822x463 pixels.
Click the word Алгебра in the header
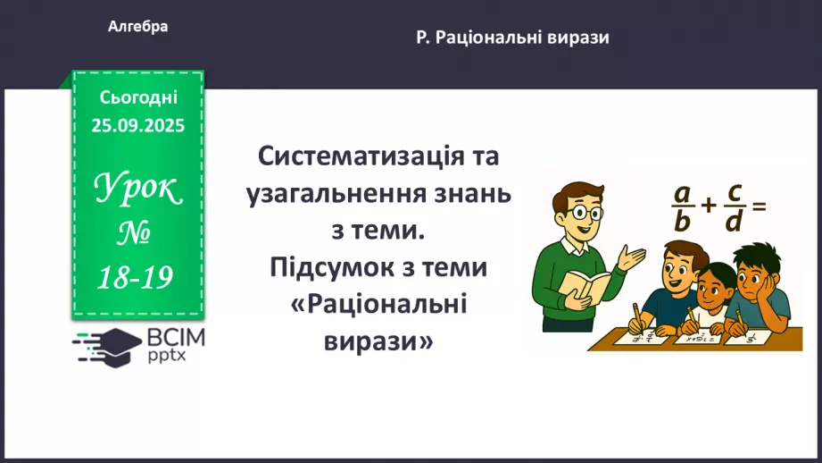click(x=137, y=27)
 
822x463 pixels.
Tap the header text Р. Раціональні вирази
click(x=512, y=38)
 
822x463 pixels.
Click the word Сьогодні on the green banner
click(x=138, y=97)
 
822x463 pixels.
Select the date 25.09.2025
click(x=138, y=126)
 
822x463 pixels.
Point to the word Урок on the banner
click(x=137, y=189)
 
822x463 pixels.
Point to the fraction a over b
click(x=683, y=206)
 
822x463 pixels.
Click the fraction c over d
click(x=735, y=206)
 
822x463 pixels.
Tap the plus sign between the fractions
click(x=709, y=206)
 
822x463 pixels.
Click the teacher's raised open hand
click(x=635, y=259)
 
